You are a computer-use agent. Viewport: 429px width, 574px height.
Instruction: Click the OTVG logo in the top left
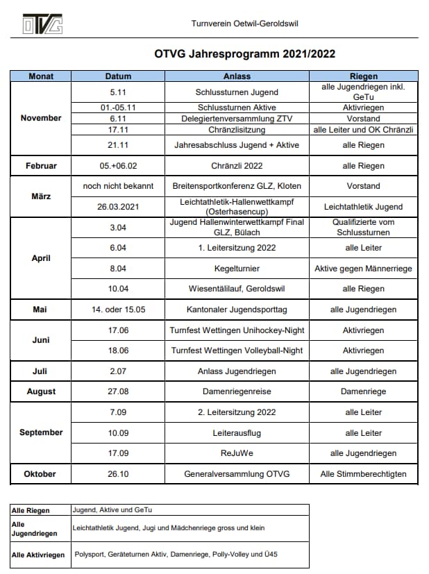tap(42, 24)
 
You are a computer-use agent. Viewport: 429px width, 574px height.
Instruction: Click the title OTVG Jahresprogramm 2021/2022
tap(236, 53)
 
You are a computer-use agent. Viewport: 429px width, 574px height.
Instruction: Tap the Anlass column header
tap(237, 76)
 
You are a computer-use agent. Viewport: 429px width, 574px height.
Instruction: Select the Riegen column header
tap(363, 76)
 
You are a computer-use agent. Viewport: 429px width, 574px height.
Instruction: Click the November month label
tap(41, 118)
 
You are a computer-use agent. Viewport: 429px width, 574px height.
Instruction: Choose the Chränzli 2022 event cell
tap(237, 167)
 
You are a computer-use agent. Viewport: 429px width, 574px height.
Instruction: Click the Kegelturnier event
tap(237, 268)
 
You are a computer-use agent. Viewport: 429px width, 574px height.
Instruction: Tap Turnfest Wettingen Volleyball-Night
tap(237, 351)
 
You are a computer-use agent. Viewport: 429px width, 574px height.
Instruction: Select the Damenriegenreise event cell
tap(237, 391)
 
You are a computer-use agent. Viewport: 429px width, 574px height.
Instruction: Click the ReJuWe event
tap(237, 453)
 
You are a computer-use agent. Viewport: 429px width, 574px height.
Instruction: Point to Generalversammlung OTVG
tap(237, 474)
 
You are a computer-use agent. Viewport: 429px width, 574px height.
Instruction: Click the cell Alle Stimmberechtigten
tap(363, 474)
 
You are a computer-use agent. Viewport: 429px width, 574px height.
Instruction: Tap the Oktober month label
tap(41, 474)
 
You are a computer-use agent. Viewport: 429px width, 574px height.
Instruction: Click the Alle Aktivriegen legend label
tap(38, 555)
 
